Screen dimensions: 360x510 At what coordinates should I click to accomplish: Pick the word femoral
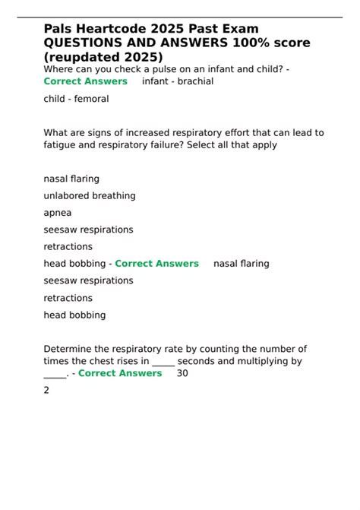[x=91, y=99]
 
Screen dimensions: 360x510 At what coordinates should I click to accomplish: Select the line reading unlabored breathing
[x=90, y=195]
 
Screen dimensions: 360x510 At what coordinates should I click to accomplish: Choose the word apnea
[x=58, y=213]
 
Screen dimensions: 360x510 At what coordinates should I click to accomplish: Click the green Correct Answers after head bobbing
[x=156, y=264]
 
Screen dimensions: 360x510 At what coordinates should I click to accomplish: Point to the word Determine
[x=70, y=349]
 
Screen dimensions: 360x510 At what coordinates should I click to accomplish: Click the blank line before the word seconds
[x=163, y=362]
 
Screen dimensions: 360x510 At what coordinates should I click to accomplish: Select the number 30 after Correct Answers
[x=183, y=373]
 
